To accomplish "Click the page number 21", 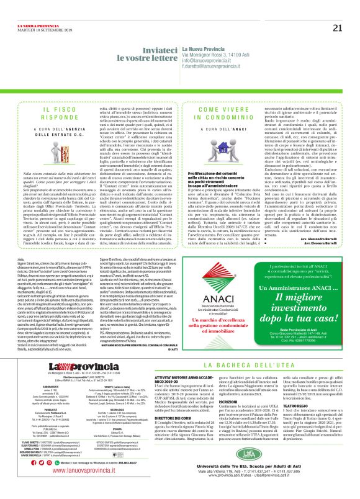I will click(x=337, y=10).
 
